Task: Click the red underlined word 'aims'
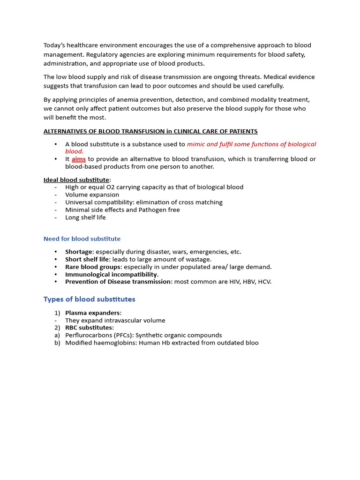pyautogui.click(x=78, y=159)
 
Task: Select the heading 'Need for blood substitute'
pyautogui.click(x=82, y=239)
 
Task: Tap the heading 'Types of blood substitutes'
pyautogui.click(x=89, y=299)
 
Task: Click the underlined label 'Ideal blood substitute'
pyautogui.click(x=76, y=180)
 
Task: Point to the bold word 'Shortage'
pyautogui.click(x=79, y=252)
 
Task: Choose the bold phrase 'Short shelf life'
pyautogui.click(x=87, y=259)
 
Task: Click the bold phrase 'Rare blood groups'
pyautogui.click(x=92, y=267)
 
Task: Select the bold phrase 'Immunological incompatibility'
pyautogui.click(x=111, y=274)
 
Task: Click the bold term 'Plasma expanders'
pyautogui.click(x=92, y=313)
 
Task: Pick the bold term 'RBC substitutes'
pyautogui.click(x=89, y=328)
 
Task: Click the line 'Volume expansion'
pyautogui.click(x=92, y=195)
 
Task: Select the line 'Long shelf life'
pyautogui.click(x=85, y=217)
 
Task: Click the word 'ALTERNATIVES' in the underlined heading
pyautogui.click(x=65, y=131)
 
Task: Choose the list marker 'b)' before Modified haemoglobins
pyautogui.click(x=57, y=343)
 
